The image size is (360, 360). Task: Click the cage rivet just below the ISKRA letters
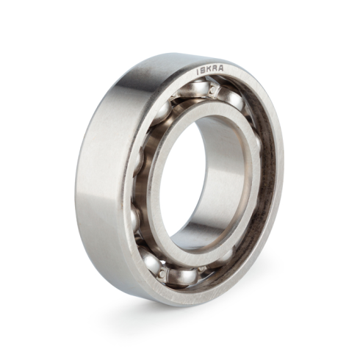pyautogui.click(x=214, y=90)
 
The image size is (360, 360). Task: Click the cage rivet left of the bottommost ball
pyautogui.click(x=161, y=273)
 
